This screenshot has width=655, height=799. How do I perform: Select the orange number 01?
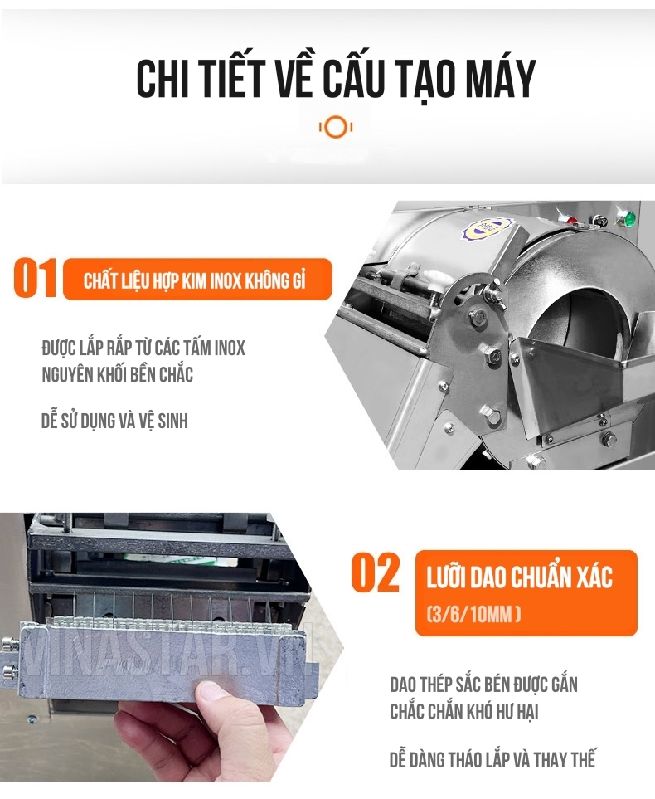tap(35, 278)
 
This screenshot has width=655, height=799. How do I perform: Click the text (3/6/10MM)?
tap(473, 615)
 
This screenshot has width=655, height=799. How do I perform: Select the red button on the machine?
tap(571, 222)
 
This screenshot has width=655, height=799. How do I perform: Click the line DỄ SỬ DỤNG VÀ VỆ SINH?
tap(114, 421)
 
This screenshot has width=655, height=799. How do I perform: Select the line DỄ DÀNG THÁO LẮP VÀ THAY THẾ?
tap(492, 759)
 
